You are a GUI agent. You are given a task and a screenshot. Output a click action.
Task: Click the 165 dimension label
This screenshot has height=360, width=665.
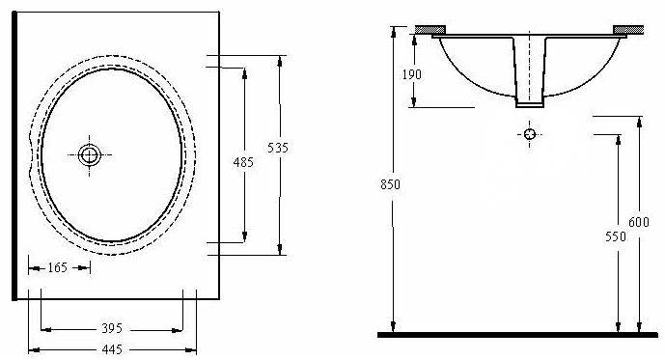(x=57, y=267)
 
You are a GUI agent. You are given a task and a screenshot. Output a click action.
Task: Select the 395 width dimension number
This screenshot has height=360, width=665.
(x=112, y=328)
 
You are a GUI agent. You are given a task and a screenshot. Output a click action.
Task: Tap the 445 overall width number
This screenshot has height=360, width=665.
(x=112, y=349)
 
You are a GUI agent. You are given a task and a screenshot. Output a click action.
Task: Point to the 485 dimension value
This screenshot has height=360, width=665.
(x=243, y=162)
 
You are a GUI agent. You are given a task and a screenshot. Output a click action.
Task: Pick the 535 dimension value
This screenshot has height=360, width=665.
(x=278, y=148)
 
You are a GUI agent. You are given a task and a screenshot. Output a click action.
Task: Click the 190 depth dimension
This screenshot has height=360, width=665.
(x=411, y=74)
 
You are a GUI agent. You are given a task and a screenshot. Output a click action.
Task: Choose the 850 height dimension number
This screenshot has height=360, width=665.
(x=390, y=184)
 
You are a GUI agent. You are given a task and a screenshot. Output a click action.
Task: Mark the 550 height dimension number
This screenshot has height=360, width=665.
(x=616, y=236)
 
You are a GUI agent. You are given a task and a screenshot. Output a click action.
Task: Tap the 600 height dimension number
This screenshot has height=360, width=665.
(x=639, y=222)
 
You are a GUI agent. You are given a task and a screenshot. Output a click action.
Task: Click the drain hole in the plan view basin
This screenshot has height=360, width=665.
(x=89, y=155)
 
